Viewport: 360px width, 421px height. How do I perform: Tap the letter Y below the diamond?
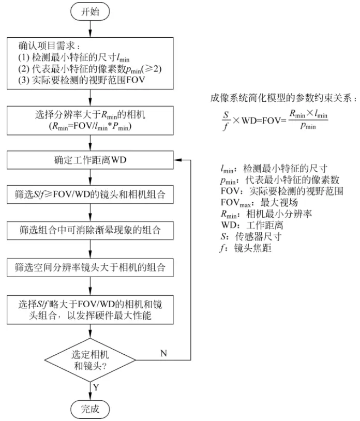click(97, 386)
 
